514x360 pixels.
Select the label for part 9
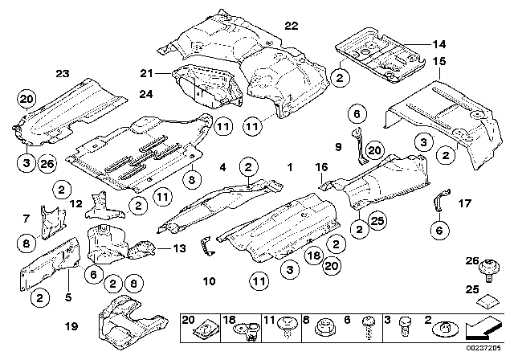point(338,147)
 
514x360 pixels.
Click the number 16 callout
point(322,167)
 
